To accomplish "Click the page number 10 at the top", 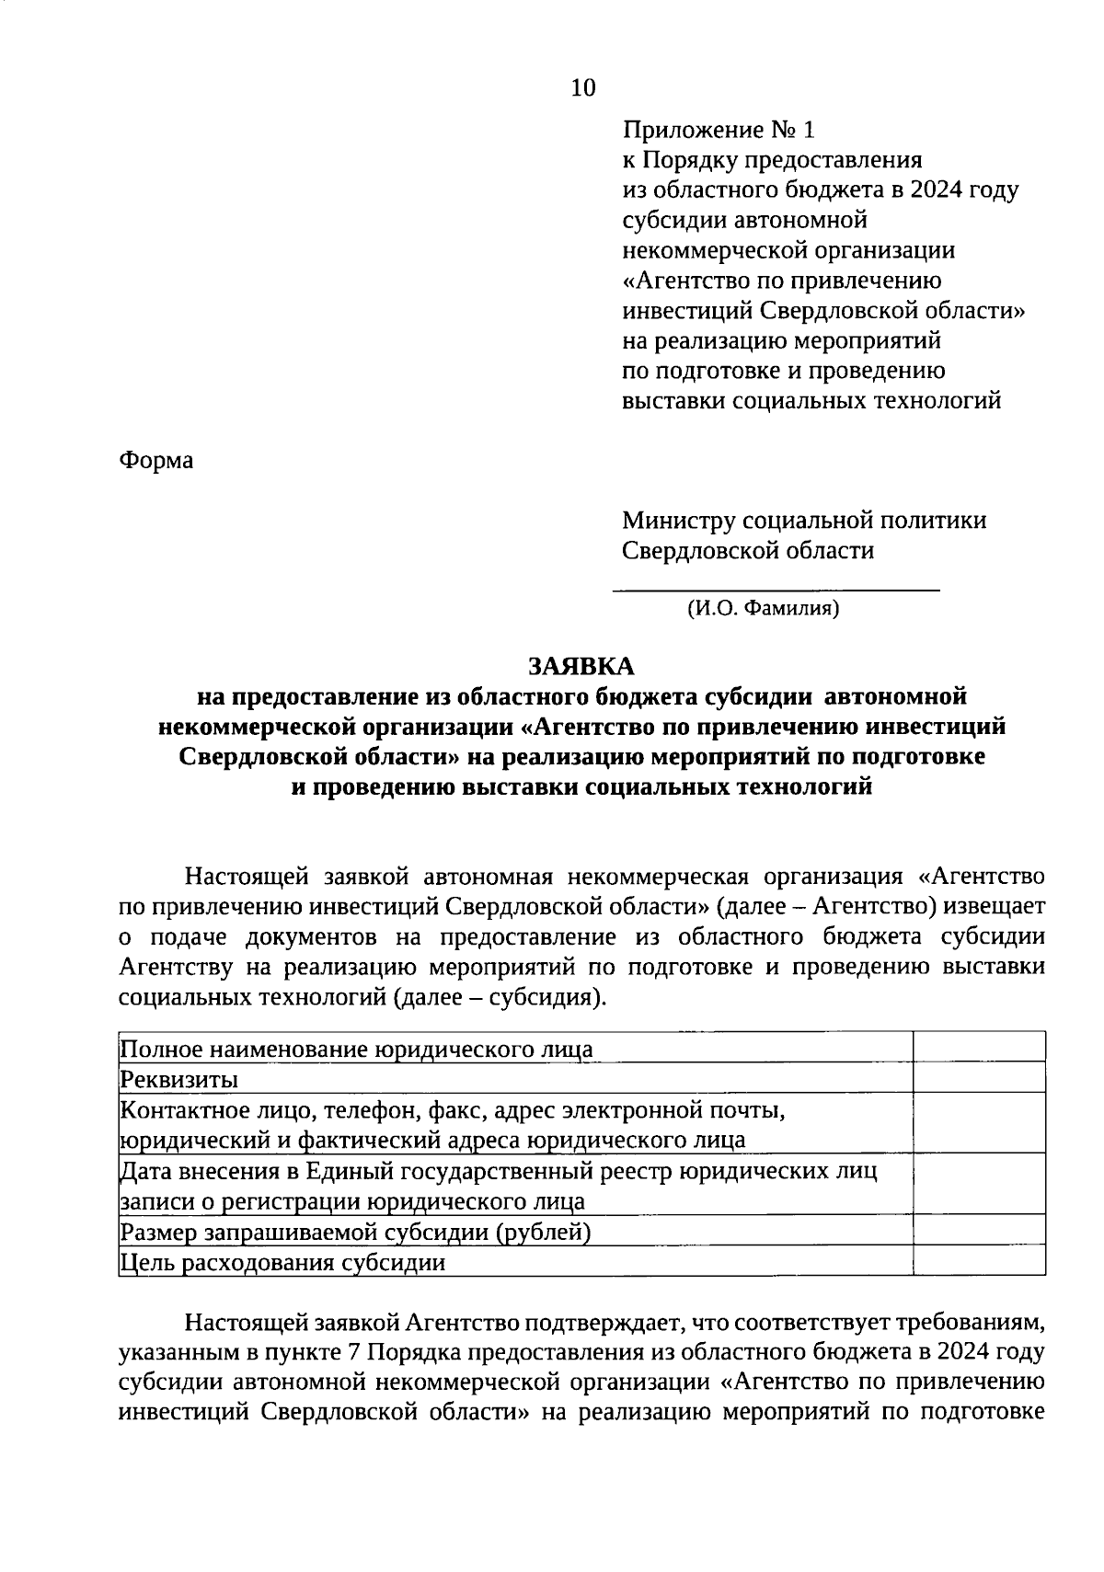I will click(583, 87).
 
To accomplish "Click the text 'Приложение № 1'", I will click(719, 130).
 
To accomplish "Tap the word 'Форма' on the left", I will click(156, 460).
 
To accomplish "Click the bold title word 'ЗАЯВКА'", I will click(581, 665).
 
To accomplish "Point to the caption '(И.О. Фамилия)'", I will click(763, 608).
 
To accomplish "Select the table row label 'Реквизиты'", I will click(180, 1078).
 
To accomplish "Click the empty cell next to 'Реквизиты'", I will click(979, 1077).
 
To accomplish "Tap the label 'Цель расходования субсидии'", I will click(283, 1262).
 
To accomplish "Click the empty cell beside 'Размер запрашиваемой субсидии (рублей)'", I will click(979, 1230).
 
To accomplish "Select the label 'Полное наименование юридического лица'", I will click(357, 1049).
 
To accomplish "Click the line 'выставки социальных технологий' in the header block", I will click(811, 401).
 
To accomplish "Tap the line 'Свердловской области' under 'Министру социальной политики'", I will click(748, 551).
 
